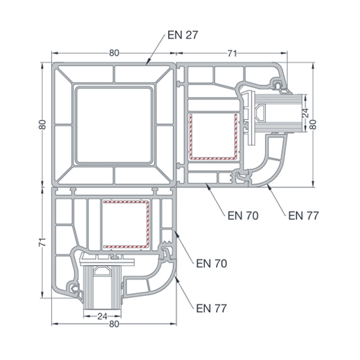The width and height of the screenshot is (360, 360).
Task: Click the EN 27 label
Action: click(x=183, y=35)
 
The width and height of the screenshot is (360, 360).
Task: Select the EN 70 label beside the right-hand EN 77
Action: click(x=243, y=215)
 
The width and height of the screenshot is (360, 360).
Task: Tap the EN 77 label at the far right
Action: click(x=304, y=215)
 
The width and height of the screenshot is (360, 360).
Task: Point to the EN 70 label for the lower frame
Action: click(x=211, y=263)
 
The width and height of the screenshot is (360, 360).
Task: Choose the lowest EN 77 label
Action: click(x=211, y=308)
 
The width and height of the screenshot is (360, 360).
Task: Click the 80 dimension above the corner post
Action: click(x=114, y=53)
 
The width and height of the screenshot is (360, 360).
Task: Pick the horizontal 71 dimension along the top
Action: click(x=232, y=53)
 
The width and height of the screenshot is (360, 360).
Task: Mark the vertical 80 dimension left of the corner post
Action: click(x=43, y=124)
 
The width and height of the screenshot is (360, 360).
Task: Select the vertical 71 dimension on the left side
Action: click(x=43, y=242)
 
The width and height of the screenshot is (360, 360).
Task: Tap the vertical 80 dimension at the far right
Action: click(x=313, y=124)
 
